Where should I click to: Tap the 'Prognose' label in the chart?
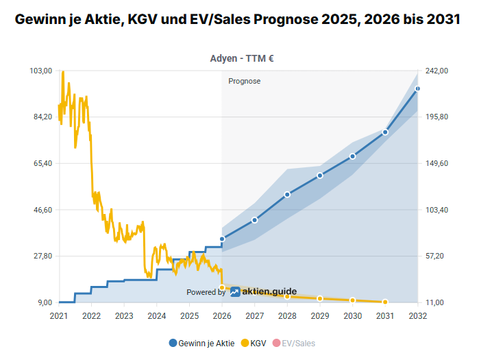pyautogui.click(x=245, y=81)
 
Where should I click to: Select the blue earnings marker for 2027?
pyautogui.click(x=254, y=220)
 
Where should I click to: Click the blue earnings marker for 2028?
pyautogui.click(x=287, y=195)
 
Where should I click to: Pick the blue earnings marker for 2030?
pyautogui.click(x=352, y=156)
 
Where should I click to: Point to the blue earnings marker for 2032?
pyautogui.click(x=417, y=88)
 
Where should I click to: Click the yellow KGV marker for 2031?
pyautogui.click(x=385, y=302)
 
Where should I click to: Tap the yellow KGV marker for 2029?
pyautogui.click(x=320, y=298)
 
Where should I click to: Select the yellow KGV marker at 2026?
pyautogui.click(x=222, y=287)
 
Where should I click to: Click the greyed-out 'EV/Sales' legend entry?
pyautogui.click(x=295, y=343)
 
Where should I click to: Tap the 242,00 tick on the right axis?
pyautogui.click(x=437, y=71)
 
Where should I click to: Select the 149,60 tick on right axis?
pyautogui.click(x=437, y=163)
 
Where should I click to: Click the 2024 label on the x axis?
pyautogui.click(x=157, y=316)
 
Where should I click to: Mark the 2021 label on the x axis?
pyautogui.click(x=59, y=316)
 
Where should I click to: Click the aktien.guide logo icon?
pyautogui.click(x=235, y=292)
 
